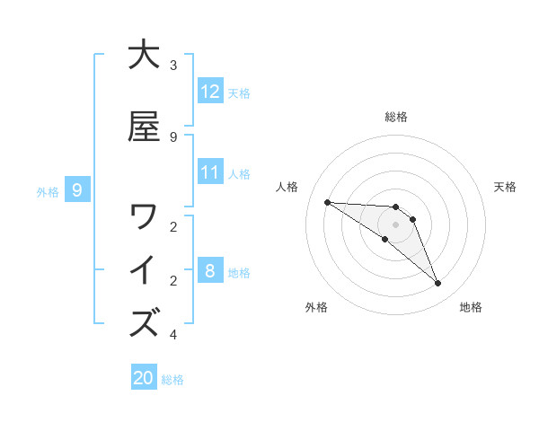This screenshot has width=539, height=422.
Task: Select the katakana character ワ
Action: (x=144, y=215)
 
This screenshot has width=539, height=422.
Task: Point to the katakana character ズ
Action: (x=144, y=322)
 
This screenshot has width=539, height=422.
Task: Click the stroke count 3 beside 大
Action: (x=173, y=66)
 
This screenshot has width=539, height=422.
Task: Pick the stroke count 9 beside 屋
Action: (x=173, y=136)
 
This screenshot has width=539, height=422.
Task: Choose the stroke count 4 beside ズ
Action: (x=173, y=335)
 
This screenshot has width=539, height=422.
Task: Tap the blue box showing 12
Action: (x=210, y=92)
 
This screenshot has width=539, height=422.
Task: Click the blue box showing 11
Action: (x=210, y=172)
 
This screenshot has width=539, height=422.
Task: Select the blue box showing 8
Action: (x=210, y=271)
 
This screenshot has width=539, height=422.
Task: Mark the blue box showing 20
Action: (x=144, y=378)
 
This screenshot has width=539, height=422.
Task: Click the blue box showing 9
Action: (x=78, y=189)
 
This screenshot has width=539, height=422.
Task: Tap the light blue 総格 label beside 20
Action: (x=172, y=380)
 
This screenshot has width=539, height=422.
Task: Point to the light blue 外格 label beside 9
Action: (x=48, y=191)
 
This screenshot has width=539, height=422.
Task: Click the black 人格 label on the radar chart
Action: (x=287, y=187)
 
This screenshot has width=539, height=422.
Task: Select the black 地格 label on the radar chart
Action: (x=471, y=307)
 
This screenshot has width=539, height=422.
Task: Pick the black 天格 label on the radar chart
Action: (x=505, y=187)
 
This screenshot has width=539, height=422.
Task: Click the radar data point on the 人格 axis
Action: (x=327, y=202)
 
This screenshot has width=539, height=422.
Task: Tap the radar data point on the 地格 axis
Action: (x=438, y=284)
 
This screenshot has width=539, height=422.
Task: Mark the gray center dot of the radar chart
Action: (x=396, y=224)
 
